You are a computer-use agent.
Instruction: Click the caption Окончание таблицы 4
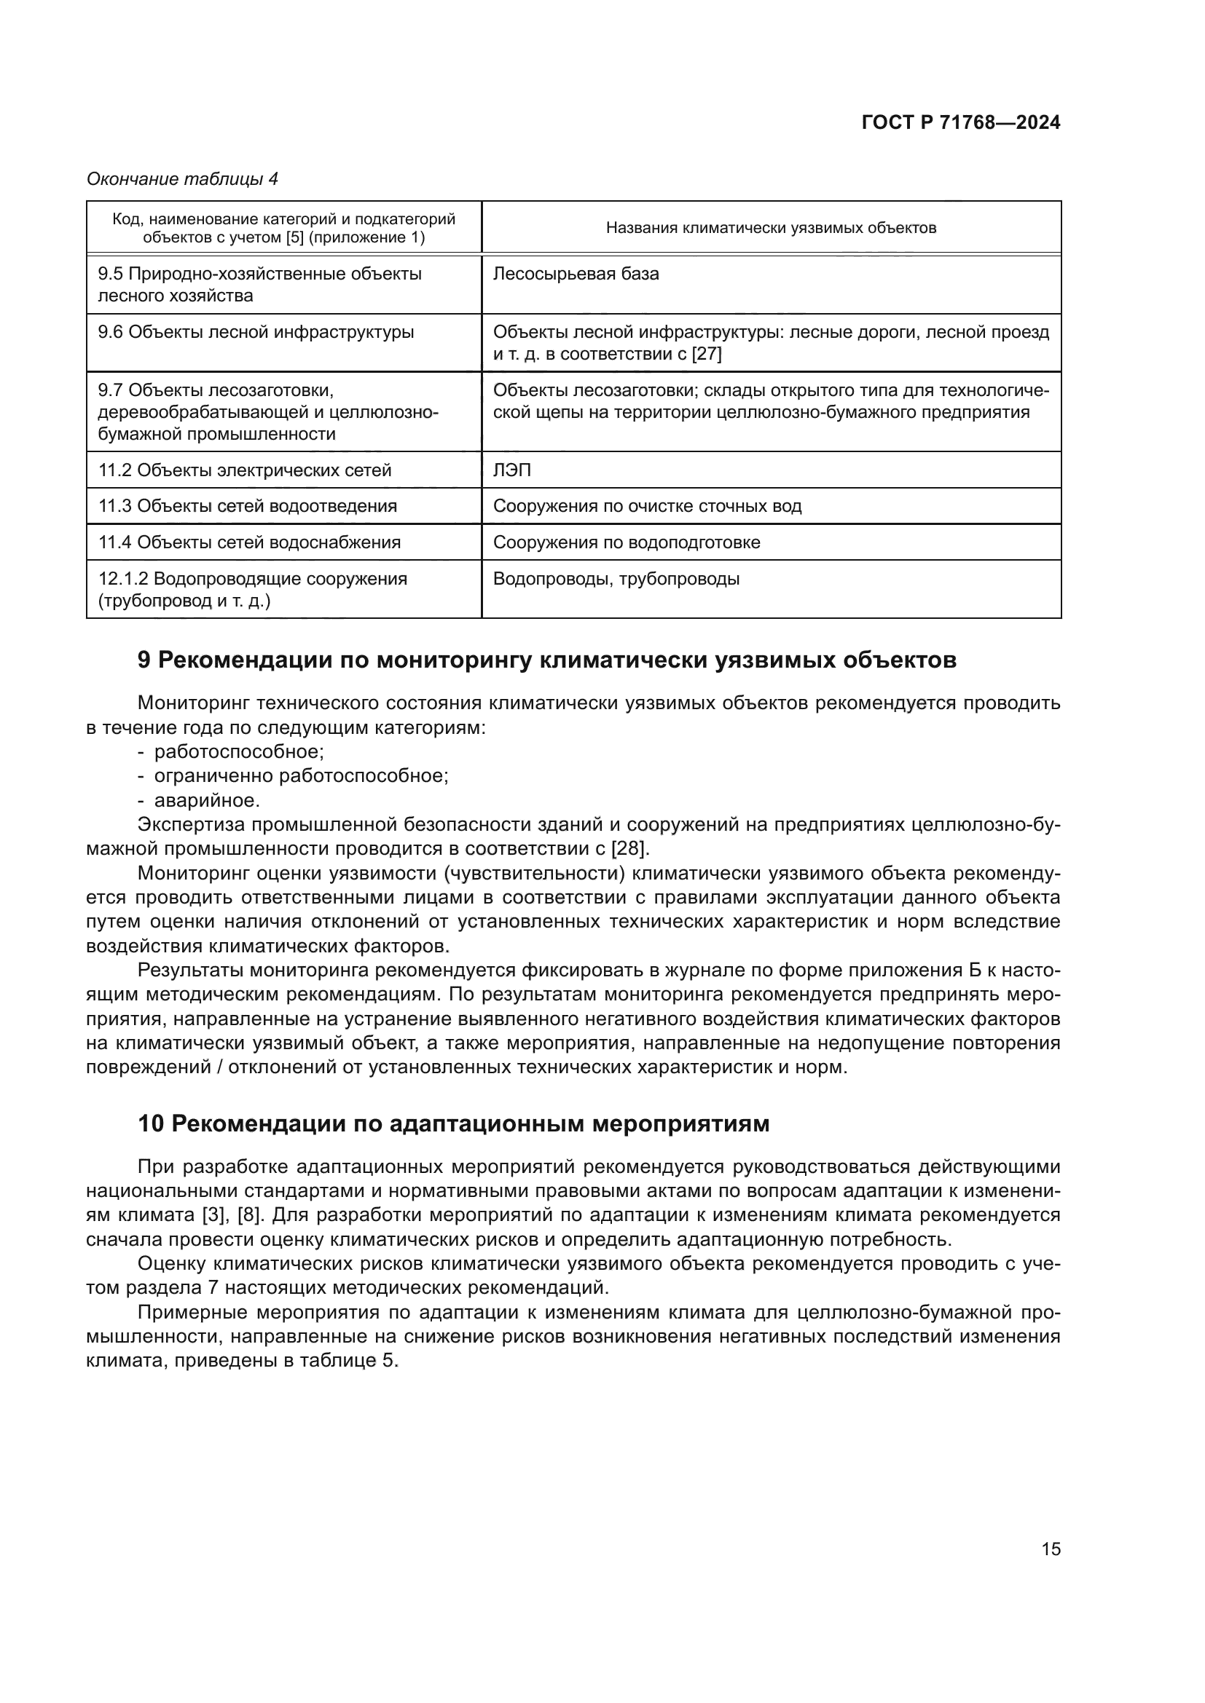[x=182, y=179]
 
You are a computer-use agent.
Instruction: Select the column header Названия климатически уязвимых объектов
[x=770, y=228]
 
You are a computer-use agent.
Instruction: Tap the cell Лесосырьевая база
[x=576, y=274]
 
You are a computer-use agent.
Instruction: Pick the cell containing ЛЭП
[x=512, y=470]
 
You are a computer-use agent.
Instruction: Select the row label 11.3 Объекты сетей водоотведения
[x=248, y=506]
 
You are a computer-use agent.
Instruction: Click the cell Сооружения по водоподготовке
[x=627, y=542]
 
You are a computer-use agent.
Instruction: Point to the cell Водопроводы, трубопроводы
[x=616, y=579]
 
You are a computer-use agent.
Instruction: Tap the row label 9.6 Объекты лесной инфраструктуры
[x=256, y=332]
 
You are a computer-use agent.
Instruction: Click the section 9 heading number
[x=145, y=660]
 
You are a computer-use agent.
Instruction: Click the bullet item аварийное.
[x=207, y=800]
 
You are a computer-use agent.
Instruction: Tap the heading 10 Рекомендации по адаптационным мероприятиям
[x=453, y=1123]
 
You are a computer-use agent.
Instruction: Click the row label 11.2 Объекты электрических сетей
[x=245, y=470]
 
